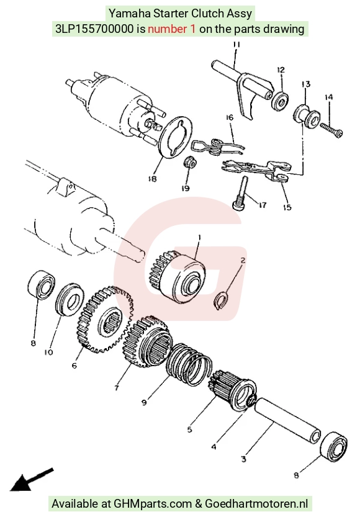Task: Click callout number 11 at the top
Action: [x=236, y=45]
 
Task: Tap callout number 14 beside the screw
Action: [x=328, y=97]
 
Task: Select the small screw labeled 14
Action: [x=331, y=130]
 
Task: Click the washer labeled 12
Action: [x=280, y=101]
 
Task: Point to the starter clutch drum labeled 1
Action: [x=179, y=276]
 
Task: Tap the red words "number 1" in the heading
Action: [x=171, y=29]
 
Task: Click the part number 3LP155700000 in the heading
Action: [x=95, y=29]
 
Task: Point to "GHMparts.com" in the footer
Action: [x=152, y=504]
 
